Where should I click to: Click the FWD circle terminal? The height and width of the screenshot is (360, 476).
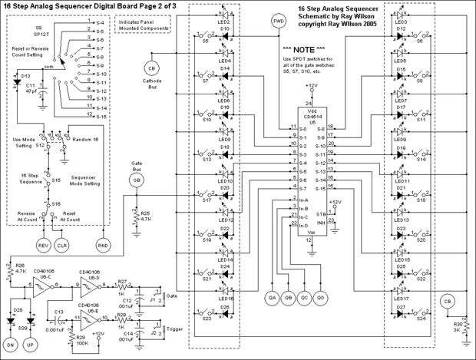(x=279, y=21)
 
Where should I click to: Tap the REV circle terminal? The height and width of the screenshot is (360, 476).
(x=44, y=244)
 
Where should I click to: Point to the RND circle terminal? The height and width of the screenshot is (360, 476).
(x=102, y=244)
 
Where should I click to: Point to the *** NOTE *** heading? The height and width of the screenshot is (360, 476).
(x=296, y=48)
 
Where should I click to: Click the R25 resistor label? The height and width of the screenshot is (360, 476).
(x=146, y=215)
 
